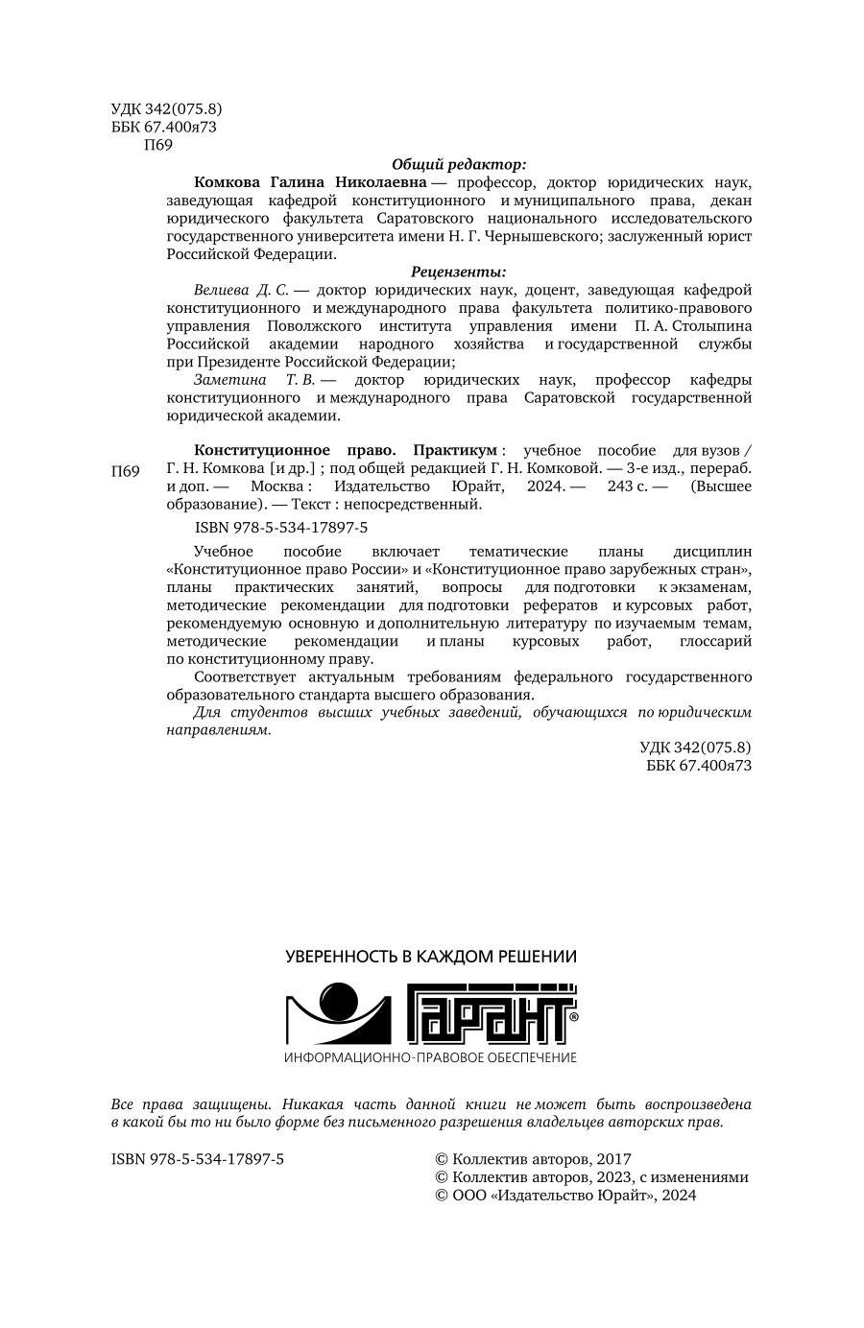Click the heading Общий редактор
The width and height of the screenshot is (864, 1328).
(x=459, y=163)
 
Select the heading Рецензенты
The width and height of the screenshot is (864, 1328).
(x=459, y=272)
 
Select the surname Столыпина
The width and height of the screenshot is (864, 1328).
(x=701, y=326)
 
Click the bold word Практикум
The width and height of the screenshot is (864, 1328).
(x=454, y=450)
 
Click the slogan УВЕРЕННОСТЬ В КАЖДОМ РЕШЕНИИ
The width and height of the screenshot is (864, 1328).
(x=432, y=957)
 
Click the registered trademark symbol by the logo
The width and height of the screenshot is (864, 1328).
(x=573, y=1016)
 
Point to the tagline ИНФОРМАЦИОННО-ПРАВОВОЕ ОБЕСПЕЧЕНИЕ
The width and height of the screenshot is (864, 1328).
(x=431, y=1057)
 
